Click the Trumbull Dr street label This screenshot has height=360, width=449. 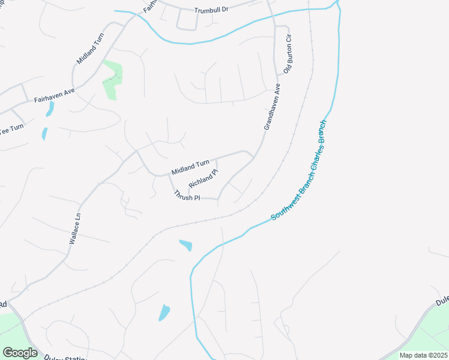tap(212, 10)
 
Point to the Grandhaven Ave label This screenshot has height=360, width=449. tap(272, 107)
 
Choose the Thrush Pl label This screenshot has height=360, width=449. tap(187, 196)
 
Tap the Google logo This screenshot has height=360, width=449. tap(20, 352)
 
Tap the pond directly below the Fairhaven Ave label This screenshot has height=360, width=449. tap(50, 109)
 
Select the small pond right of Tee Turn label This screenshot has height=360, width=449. tap(44, 133)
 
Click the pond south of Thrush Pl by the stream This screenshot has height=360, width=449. tap(186, 245)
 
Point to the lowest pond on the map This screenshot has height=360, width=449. tap(164, 313)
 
